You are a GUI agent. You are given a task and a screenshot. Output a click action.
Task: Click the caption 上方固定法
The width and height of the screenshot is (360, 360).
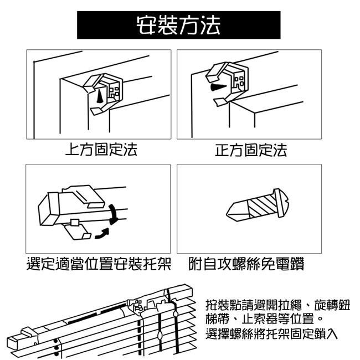pos(101,150)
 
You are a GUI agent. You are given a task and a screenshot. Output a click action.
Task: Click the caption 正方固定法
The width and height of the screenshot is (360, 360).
pos(251,150)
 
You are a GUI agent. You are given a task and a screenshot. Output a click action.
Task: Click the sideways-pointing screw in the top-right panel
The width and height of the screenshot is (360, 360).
pos(217,87)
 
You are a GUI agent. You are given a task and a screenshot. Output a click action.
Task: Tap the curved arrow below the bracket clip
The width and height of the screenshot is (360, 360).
pos(102,232)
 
